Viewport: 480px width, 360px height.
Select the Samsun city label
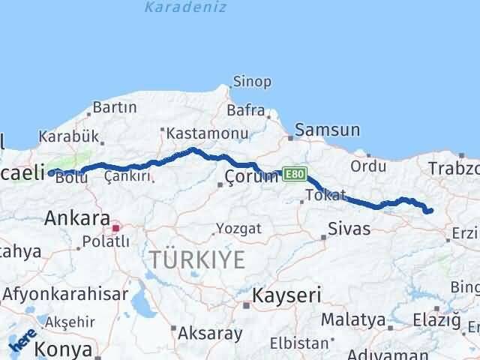click(328, 130)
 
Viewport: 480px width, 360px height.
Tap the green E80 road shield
click(295, 173)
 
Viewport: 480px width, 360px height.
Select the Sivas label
click(349, 229)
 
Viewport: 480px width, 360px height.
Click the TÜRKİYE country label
click(196, 260)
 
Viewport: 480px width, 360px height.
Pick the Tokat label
click(325, 196)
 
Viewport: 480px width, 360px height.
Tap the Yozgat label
click(238, 228)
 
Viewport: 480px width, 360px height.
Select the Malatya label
click(352, 320)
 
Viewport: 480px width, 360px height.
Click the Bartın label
click(115, 108)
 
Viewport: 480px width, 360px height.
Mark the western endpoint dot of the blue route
click(50, 173)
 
